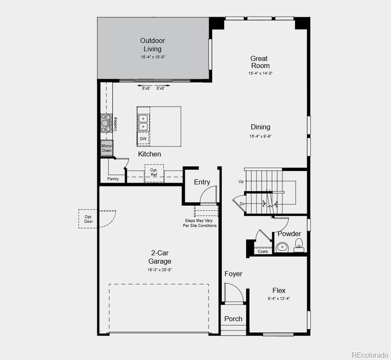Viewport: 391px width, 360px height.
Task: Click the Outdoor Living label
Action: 152,44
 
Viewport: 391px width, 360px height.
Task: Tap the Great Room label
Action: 260,62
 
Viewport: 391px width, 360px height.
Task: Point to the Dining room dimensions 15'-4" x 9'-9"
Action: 260,136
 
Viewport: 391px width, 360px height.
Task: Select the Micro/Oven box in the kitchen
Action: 107,148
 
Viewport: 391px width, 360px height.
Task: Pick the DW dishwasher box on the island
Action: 143,139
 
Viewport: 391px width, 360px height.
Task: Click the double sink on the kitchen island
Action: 143,122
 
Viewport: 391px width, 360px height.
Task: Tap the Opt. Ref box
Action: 154,172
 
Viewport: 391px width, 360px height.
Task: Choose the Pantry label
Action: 113,179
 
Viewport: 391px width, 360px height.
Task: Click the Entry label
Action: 202,182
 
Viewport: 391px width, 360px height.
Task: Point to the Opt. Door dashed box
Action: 88,219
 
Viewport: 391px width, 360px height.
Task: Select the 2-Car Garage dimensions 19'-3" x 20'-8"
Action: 160,269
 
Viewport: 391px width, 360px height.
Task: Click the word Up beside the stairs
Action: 240,182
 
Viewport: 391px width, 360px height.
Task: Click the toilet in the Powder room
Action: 298,244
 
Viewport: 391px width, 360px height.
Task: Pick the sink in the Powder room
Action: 282,247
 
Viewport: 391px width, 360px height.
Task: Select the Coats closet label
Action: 263,251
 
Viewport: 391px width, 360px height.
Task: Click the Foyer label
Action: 233,274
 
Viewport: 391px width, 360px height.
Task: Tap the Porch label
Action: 233,318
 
